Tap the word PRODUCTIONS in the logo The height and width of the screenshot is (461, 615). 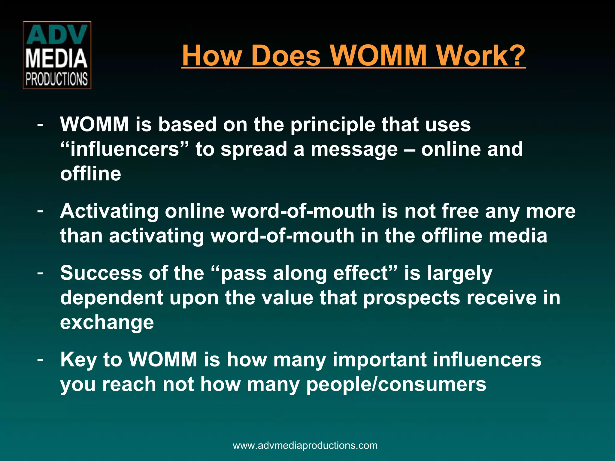pyautogui.click(x=56, y=79)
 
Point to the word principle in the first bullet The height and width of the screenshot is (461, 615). pyautogui.click(x=332, y=124)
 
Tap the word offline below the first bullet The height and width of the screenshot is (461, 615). pyautogui.click(x=90, y=174)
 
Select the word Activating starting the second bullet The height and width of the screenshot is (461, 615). pyautogui.click(x=109, y=211)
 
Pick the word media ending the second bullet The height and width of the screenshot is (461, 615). pyautogui.click(x=518, y=236)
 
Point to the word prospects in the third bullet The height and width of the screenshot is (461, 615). pyautogui.click(x=411, y=298)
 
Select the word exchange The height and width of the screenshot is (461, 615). pyautogui.click(x=107, y=323)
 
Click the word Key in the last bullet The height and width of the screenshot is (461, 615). pyautogui.click(x=78, y=360)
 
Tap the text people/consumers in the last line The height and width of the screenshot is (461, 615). pyautogui.click(x=396, y=384)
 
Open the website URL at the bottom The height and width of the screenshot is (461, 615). pyautogui.click(x=305, y=445)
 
